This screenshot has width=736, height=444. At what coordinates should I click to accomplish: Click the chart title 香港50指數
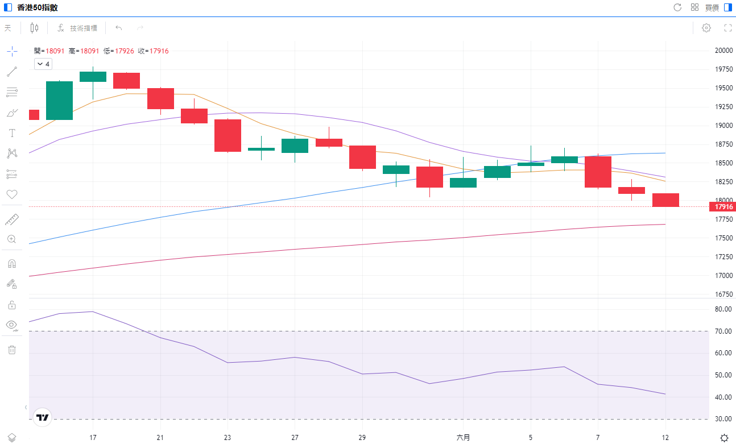click(x=37, y=7)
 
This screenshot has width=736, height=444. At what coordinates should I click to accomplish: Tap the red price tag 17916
click(x=723, y=207)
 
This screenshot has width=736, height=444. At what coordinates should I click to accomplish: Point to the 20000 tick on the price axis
click(x=723, y=50)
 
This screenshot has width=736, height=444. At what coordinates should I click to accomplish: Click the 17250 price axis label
click(x=723, y=257)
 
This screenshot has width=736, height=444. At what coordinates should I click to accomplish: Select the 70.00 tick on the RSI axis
click(x=723, y=331)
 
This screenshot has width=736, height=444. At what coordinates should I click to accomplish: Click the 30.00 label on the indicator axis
click(x=723, y=419)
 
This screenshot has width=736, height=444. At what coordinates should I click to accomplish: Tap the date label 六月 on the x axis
click(x=464, y=437)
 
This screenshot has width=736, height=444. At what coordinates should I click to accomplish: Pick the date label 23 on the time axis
click(x=228, y=437)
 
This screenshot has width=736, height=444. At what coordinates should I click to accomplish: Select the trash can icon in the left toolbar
click(x=11, y=350)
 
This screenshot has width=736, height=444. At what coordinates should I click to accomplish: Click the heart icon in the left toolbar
click(x=11, y=194)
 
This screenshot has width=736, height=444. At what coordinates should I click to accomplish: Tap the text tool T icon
click(x=11, y=133)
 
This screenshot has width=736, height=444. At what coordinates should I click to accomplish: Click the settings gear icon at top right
click(x=706, y=28)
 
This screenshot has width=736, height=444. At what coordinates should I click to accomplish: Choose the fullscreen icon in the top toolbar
click(x=727, y=28)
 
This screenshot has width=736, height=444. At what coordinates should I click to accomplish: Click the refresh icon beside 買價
click(x=677, y=7)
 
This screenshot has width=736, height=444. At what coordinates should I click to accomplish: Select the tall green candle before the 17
click(x=59, y=101)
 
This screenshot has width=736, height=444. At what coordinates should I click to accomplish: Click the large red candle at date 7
click(x=598, y=172)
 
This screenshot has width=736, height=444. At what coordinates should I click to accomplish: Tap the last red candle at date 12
click(x=665, y=200)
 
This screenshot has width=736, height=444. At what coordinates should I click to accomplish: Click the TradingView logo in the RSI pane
click(x=43, y=417)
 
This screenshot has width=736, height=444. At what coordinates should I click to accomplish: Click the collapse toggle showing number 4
click(x=43, y=64)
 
